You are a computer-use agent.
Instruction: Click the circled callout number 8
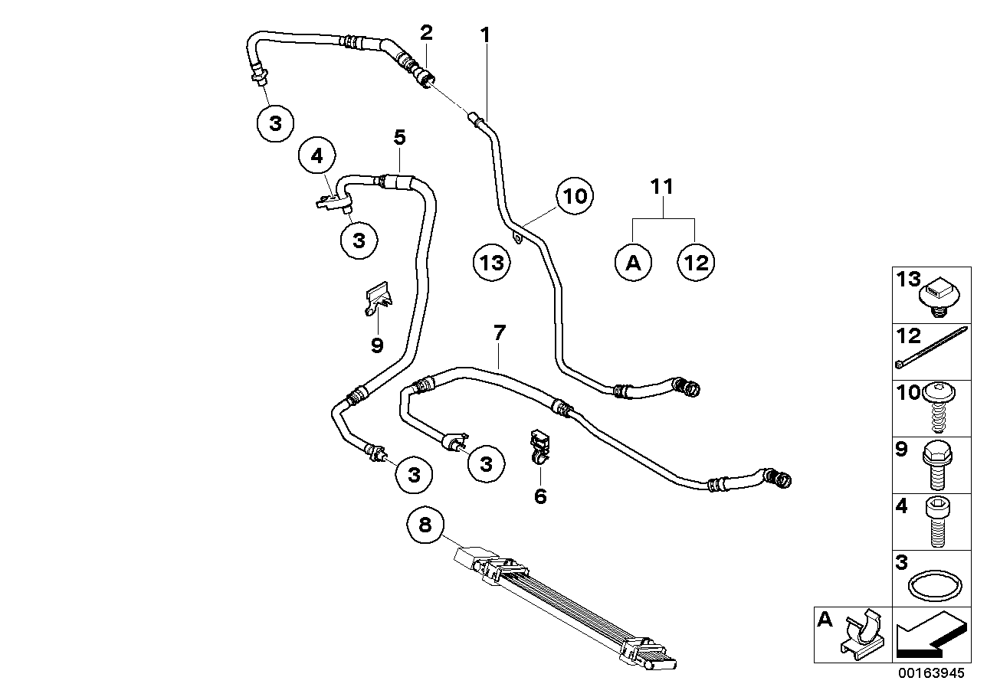tap(425, 525)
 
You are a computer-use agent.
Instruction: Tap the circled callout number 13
tap(490, 263)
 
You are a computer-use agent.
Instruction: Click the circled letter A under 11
tap(633, 263)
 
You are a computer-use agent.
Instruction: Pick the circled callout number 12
tap(697, 263)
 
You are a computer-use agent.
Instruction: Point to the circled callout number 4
tap(317, 156)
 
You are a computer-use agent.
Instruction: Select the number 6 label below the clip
tap(540, 496)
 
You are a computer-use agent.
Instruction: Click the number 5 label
tap(399, 138)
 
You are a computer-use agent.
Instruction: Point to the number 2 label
tap(426, 32)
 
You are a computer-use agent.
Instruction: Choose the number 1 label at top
tap(484, 34)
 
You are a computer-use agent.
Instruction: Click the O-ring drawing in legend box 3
tap(932, 587)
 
